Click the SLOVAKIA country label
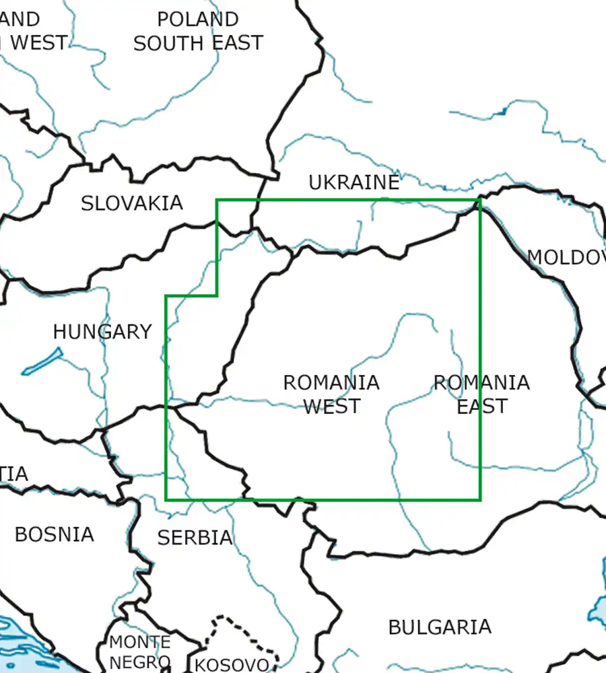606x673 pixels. coord(132,203)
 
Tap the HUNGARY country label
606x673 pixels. coord(102,331)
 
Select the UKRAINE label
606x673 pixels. coord(354,182)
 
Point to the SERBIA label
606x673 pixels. coord(195,537)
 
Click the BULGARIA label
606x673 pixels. coord(439,627)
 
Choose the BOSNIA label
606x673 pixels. coord(54,534)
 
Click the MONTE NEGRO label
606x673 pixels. coord(139,651)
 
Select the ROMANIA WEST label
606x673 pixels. coord(331,394)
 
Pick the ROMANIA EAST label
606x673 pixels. coord(481,394)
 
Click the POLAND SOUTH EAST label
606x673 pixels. coord(198,31)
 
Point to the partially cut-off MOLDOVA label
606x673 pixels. coord(566,256)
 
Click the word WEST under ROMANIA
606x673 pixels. coord(332,406)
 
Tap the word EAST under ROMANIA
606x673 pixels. coord(481,406)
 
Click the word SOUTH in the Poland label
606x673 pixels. coord(168,43)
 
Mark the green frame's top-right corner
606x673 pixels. coord(479,200)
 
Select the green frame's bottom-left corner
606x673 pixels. coord(166,499)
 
